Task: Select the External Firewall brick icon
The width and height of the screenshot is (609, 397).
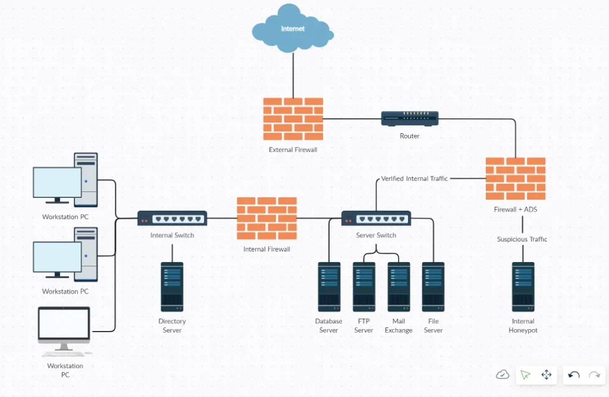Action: [293, 119]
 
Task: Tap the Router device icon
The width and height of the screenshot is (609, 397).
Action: [410, 118]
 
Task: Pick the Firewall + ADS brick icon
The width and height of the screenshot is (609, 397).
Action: [516, 178]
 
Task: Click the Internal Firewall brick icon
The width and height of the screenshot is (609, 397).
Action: [267, 218]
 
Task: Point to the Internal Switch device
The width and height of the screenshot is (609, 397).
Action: [172, 218]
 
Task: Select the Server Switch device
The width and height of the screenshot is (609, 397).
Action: [376, 218]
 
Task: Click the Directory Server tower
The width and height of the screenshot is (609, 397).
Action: [172, 287]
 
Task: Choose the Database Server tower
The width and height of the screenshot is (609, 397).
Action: [329, 287]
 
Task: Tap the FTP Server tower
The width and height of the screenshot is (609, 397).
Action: [364, 287]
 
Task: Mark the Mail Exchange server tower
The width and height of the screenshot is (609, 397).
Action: [398, 287]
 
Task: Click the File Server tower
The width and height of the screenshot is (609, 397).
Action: [434, 287]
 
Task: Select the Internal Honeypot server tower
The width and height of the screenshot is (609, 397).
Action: [523, 287]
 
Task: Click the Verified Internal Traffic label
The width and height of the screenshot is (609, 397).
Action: [414, 178]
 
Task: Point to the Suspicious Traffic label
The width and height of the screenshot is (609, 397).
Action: [522, 240]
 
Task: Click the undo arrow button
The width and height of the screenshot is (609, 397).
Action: [574, 374]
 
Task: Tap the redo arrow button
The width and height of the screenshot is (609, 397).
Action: [594, 374]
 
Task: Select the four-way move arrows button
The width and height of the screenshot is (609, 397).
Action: [547, 374]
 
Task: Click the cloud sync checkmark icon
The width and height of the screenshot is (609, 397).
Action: [503, 374]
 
